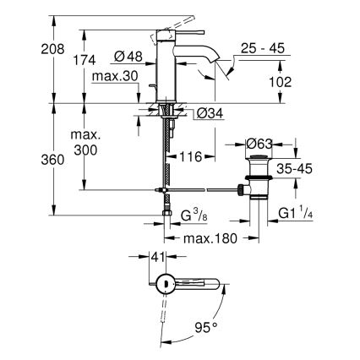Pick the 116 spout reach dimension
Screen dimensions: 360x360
188,156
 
